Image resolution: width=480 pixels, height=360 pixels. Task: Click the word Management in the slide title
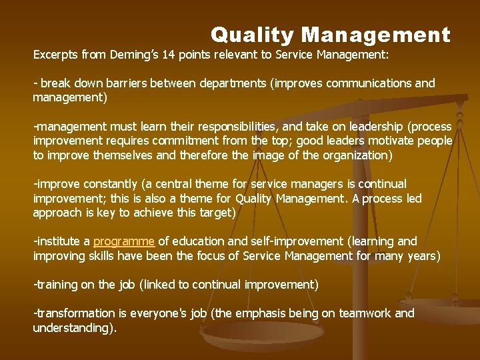(x=376, y=35)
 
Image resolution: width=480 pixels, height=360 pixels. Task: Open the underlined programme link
(x=124, y=241)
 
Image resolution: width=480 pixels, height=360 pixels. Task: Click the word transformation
(x=76, y=313)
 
